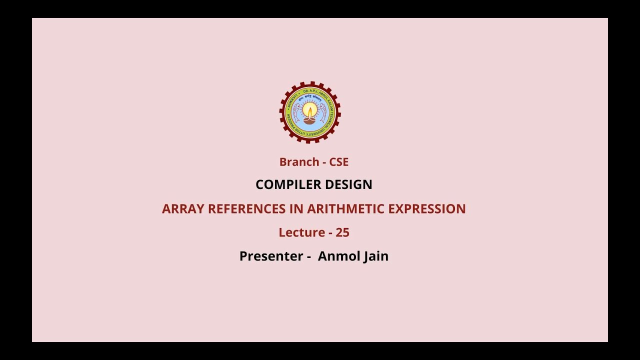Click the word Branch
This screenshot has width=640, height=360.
click(299, 162)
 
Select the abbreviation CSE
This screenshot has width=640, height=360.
click(338, 162)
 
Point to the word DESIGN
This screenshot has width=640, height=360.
click(348, 184)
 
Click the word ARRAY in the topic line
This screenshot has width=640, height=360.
click(183, 209)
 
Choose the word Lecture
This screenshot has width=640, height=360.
click(301, 232)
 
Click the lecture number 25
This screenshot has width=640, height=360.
click(342, 232)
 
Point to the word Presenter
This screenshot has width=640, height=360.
click(271, 256)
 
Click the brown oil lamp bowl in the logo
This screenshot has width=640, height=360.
click(310, 120)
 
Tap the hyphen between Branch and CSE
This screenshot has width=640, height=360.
click(324, 162)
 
